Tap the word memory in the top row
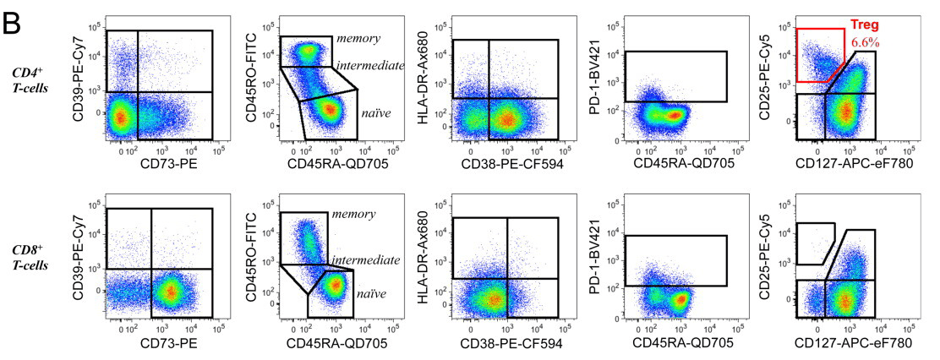(358, 39)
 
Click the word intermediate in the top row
(370, 65)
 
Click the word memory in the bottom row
(352, 215)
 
